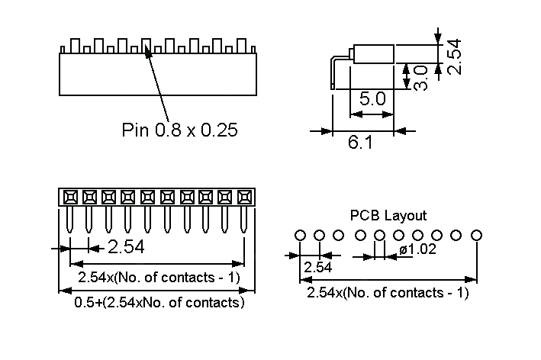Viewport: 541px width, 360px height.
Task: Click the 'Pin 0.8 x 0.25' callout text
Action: (x=179, y=130)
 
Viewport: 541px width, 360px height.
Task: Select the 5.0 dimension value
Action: (x=372, y=98)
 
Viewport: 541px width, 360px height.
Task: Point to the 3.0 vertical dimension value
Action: (x=420, y=77)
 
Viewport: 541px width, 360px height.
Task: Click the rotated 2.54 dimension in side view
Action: (x=454, y=56)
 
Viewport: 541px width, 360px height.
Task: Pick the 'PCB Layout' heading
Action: (x=388, y=216)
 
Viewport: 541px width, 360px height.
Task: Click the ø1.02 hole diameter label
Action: (x=417, y=249)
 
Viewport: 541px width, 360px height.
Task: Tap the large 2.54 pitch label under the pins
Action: (x=126, y=247)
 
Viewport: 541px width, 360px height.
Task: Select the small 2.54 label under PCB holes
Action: (x=317, y=268)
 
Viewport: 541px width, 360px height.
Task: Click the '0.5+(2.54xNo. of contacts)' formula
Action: (x=159, y=302)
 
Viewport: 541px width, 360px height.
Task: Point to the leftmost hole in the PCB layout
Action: (x=300, y=235)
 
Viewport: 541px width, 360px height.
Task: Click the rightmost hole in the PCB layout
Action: (x=477, y=235)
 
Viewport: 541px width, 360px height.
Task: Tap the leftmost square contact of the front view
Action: (x=69, y=196)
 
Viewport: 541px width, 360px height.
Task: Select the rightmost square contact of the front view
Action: (x=243, y=196)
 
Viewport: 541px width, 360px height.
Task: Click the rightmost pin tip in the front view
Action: (x=243, y=230)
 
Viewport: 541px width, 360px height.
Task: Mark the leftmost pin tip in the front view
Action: (x=69, y=230)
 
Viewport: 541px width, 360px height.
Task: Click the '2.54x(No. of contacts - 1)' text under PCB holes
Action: (x=388, y=293)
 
